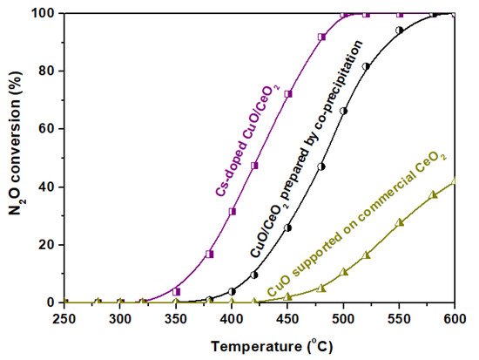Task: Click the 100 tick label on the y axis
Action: click(43, 14)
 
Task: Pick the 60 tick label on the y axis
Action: click(46, 129)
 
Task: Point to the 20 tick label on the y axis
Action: click(46, 245)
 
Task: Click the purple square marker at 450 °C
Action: click(288, 94)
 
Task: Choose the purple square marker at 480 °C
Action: click(322, 37)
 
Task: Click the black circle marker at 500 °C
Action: click(344, 112)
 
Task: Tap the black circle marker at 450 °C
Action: click(288, 228)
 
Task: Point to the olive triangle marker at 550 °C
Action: click(400, 222)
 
